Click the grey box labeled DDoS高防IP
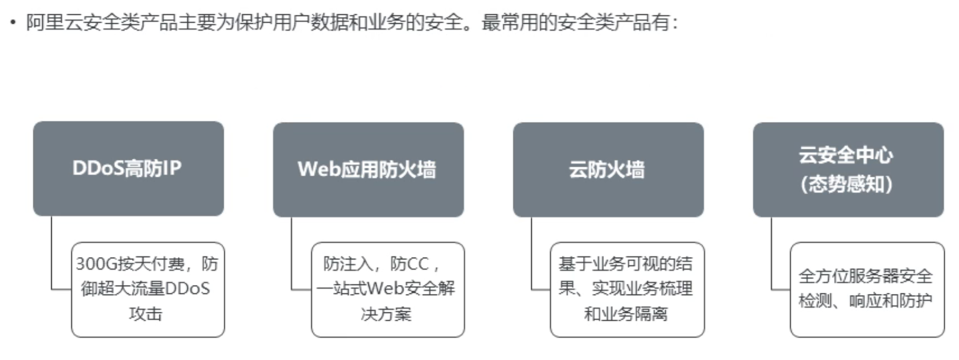coord(128,168)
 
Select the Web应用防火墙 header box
coord(368,170)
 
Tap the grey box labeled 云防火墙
coord(607,170)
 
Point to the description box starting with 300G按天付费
coord(148,289)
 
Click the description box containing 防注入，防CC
coord(387,289)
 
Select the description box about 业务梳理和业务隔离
coord(626,289)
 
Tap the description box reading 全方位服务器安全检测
coord(866,289)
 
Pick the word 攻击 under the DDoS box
coord(146,314)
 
